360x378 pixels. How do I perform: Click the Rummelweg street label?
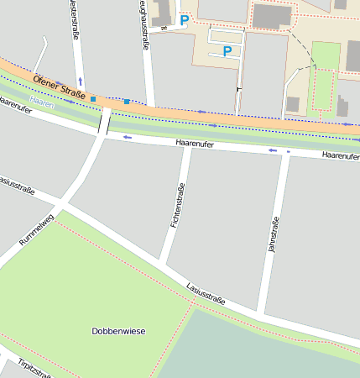click(35, 230)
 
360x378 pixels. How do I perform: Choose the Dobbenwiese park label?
click(118, 331)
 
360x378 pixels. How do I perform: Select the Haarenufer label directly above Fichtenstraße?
click(195, 144)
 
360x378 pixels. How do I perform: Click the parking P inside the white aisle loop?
click(226, 51)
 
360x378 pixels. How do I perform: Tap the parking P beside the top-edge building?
click(185, 19)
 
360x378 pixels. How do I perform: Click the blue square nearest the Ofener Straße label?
click(93, 99)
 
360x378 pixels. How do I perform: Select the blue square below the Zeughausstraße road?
click(127, 102)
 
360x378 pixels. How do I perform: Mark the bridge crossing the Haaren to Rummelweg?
click(104, 122)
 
